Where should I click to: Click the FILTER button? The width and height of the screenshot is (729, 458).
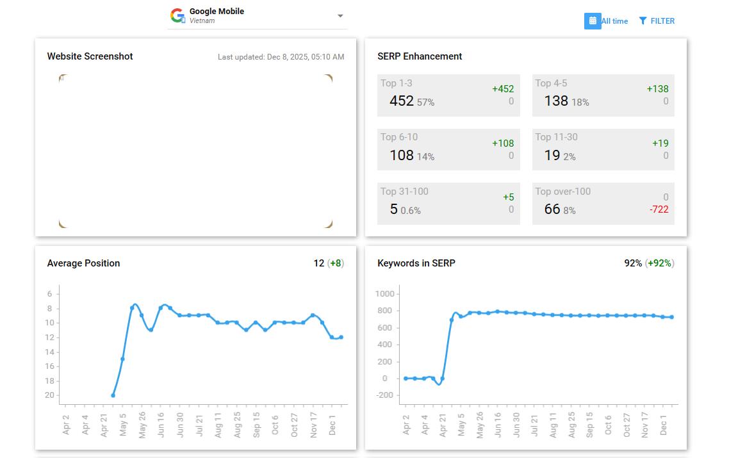pos(657,21)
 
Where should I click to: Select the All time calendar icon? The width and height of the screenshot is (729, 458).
pos(593,21)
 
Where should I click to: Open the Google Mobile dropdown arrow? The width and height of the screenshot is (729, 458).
pos(340,16)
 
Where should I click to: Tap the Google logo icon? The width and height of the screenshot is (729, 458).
pos(177,15)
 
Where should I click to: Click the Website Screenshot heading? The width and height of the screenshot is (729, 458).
pos(90,56)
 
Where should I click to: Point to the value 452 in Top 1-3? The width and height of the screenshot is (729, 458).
pos(402,101)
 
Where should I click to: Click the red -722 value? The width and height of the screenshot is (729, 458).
pos(659,209)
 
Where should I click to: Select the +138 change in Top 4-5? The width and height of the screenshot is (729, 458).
pos(657,89)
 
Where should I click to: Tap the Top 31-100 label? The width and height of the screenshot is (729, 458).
pos(404,191)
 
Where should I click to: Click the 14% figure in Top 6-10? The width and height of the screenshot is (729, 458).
pos(425,157)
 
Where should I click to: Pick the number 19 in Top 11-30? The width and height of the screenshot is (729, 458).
pos(552,155)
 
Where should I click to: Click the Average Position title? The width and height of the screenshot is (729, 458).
pos(83,263)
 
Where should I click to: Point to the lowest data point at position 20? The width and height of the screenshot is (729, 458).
pos(113,395)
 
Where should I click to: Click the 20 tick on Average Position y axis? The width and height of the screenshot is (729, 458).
pos(49,395)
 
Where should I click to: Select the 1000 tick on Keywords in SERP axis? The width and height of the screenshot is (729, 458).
pos(384,293)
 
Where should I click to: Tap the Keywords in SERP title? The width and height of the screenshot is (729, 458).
pos(416,263)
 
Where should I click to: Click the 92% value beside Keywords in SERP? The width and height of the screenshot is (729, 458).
pos(633,263)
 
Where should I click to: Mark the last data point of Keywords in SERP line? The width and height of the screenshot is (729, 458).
pos(671,317)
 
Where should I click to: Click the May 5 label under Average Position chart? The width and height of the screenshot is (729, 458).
pos(123,425)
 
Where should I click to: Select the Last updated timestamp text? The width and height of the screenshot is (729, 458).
pos(281,57)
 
